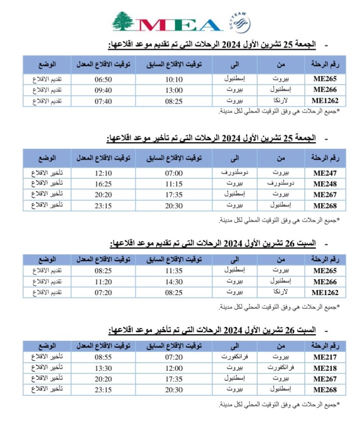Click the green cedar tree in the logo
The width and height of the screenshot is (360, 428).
pos(123,21)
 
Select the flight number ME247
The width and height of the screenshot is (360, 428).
pos(325,173)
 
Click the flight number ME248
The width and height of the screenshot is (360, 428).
pos(325,184)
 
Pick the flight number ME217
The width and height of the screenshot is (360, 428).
pos(325,357)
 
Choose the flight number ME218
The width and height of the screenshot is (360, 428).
pos(325,369)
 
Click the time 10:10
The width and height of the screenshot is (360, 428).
pos(173,79)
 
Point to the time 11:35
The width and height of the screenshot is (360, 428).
pos(173,271)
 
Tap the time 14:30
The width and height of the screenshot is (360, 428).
pos(173,282)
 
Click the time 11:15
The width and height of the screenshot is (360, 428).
pos(173,184)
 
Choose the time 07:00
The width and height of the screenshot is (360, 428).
pos(173,173)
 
